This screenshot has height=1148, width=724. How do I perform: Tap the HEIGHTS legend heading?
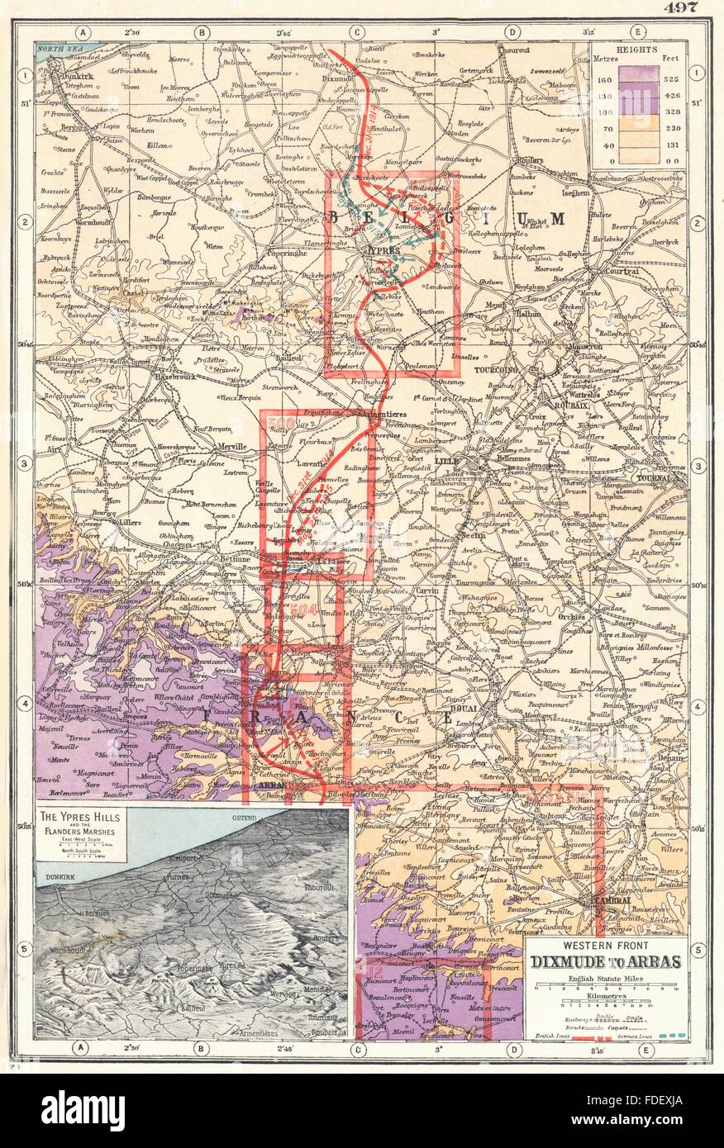[x=640, y=50]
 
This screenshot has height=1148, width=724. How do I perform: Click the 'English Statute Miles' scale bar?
[x=602, y=987]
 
